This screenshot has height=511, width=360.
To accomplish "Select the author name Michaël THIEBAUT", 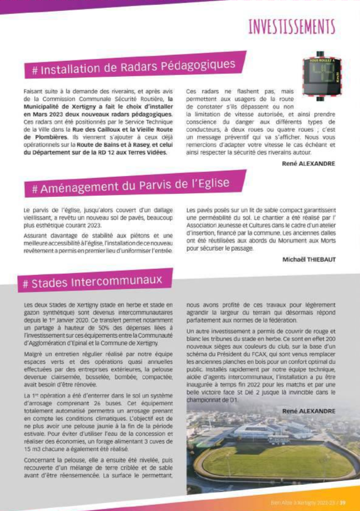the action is pos(309,259).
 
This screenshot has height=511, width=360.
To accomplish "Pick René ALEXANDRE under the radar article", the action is pos(309,164).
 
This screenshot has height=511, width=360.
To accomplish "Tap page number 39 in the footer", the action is pos(343,503).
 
